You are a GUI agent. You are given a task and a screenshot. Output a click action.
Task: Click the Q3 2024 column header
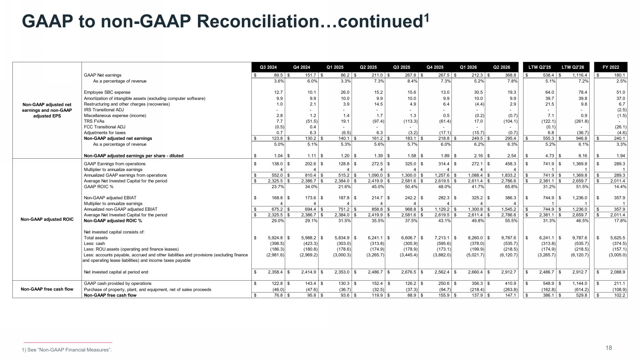268,67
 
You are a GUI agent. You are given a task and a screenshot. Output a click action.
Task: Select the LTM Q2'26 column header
573,67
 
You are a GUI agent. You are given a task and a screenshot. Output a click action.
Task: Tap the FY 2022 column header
611,67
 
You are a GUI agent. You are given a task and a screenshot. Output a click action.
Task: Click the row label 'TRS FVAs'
94,121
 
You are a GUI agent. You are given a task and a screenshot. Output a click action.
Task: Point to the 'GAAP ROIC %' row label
99,186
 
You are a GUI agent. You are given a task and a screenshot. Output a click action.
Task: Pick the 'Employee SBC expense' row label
107,92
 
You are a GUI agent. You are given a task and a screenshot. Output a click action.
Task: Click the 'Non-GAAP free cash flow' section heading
47,289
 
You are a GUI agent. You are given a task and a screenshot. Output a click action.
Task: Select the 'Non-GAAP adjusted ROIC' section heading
47,219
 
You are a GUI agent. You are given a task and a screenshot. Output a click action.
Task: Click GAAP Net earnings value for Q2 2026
511,75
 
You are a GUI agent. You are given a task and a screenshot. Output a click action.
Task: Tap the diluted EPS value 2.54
512,156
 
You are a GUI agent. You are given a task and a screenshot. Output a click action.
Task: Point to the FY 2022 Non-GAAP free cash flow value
620,295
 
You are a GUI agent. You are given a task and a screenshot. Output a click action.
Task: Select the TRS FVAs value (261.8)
581,121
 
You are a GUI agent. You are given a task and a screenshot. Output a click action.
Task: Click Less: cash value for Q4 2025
444,244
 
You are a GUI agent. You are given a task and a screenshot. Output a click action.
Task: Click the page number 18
608,348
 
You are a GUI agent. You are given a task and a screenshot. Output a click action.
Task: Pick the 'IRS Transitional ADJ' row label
104,110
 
